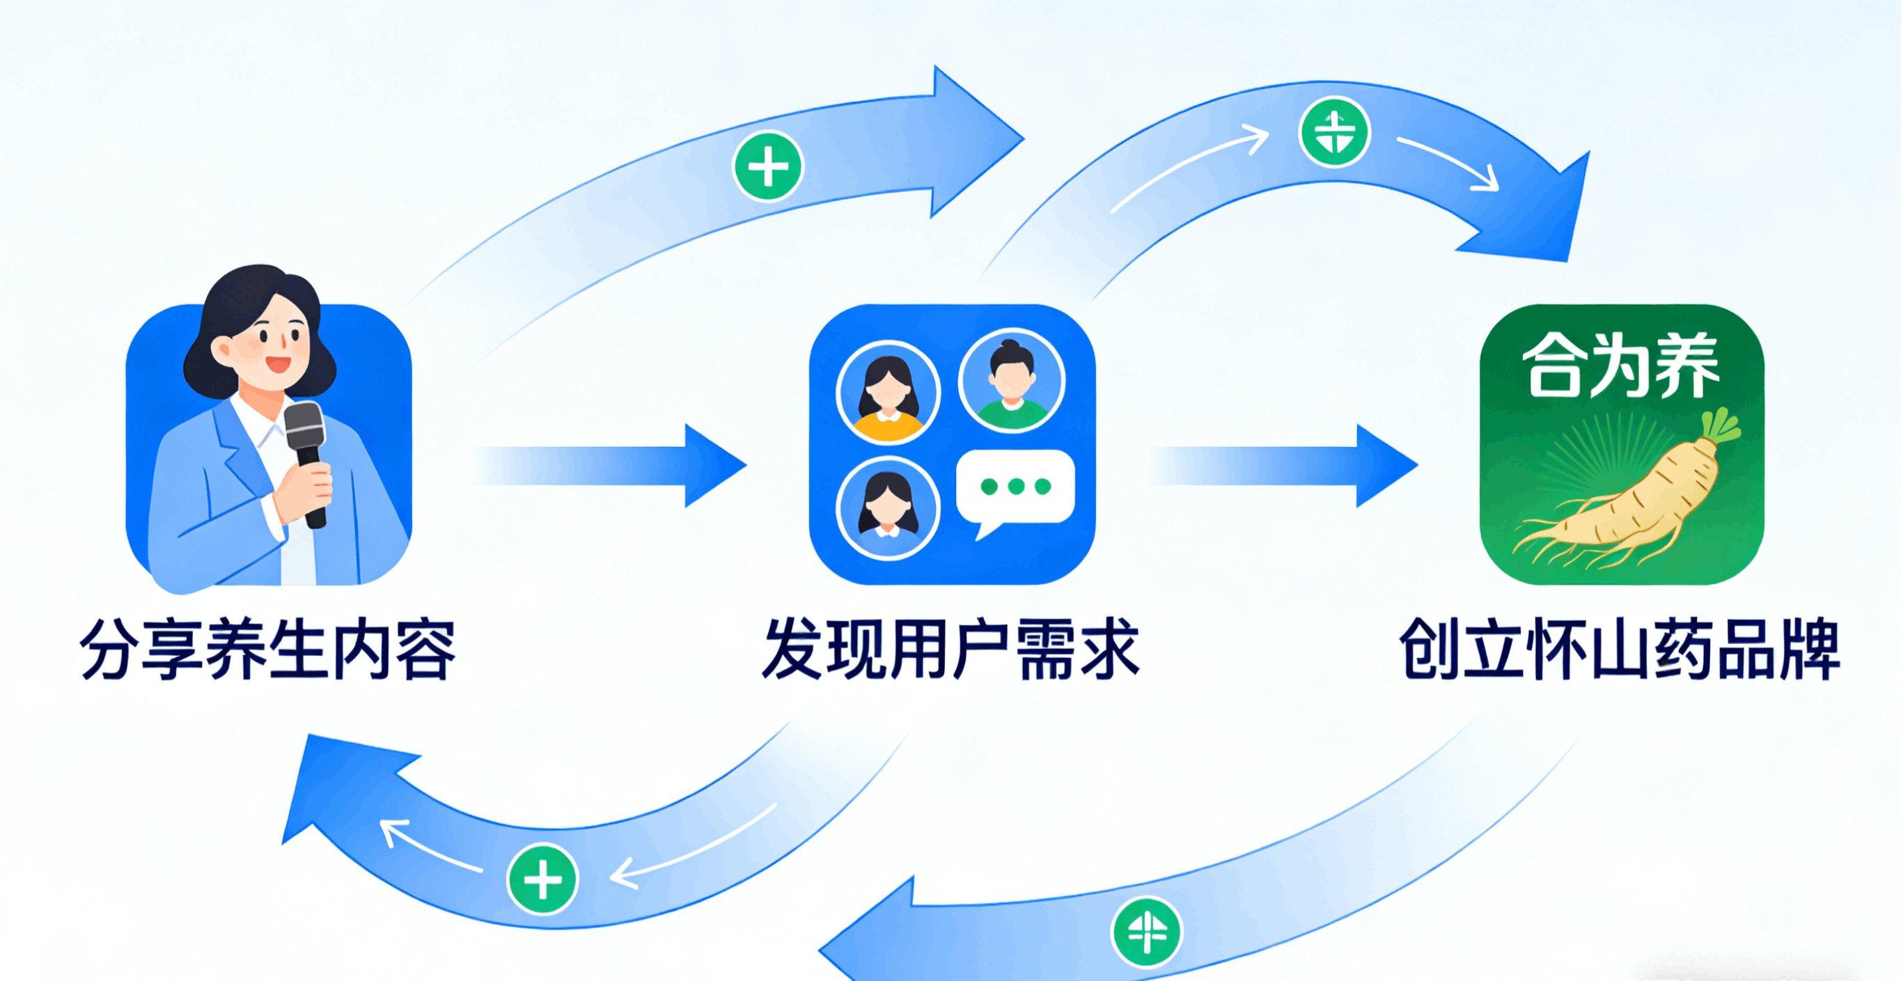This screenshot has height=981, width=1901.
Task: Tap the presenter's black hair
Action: [244, 302]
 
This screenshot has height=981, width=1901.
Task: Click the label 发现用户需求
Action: [951, 649]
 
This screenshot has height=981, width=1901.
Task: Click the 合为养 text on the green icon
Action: [1621, 365]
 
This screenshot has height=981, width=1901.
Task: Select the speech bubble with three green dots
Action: [1015, 488]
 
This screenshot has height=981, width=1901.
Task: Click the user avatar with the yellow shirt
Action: [889, 393]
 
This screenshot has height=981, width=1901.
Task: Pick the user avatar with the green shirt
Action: [1012, 381]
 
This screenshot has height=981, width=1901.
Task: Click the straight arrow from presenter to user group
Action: [613, 465]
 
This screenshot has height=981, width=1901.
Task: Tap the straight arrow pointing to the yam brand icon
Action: [1284, 465]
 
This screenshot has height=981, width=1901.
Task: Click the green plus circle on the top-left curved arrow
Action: [768, 166]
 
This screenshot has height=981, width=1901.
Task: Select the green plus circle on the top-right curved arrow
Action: [1334, 133]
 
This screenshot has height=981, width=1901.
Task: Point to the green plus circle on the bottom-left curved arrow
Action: [542, 879]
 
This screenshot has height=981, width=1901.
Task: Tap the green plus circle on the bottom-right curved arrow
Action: [1146, 932]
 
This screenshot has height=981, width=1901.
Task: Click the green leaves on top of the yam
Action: [1719, 425]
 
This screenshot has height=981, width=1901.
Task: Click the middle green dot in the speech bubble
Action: [1016, 486]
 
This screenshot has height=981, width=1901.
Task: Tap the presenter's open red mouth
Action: [279, 363]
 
